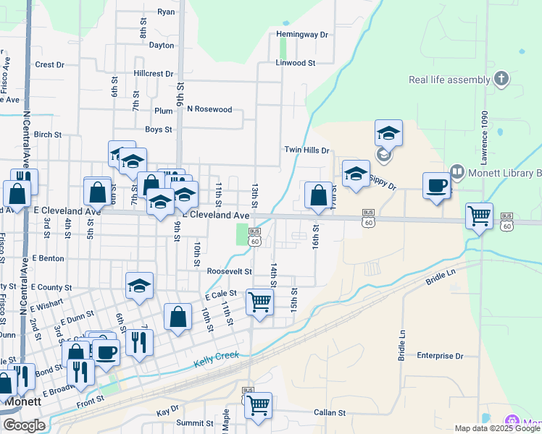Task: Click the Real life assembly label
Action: coord(449,80)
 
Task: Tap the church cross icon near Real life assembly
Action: coord(501,79)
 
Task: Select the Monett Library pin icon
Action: coord(457,173)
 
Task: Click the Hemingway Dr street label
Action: coord(302,34)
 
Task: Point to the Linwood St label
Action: coord(295,63)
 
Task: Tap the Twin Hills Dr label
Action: coord(307,150)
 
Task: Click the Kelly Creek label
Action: coord(216,358)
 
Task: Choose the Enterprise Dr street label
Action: coord(440,356)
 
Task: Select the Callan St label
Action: coord(330,413)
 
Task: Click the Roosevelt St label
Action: coord(229,271)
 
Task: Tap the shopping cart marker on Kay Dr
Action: coord(258,405)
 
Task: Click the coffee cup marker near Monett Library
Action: coord(437,185)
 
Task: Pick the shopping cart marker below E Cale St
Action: coord(259,302)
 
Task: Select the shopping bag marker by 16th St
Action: coord(318,195)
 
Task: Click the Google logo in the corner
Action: coord(24,425)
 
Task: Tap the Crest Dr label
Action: coord(50,64)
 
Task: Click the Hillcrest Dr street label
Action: coord(154,74)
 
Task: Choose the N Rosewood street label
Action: coord(209,109)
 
